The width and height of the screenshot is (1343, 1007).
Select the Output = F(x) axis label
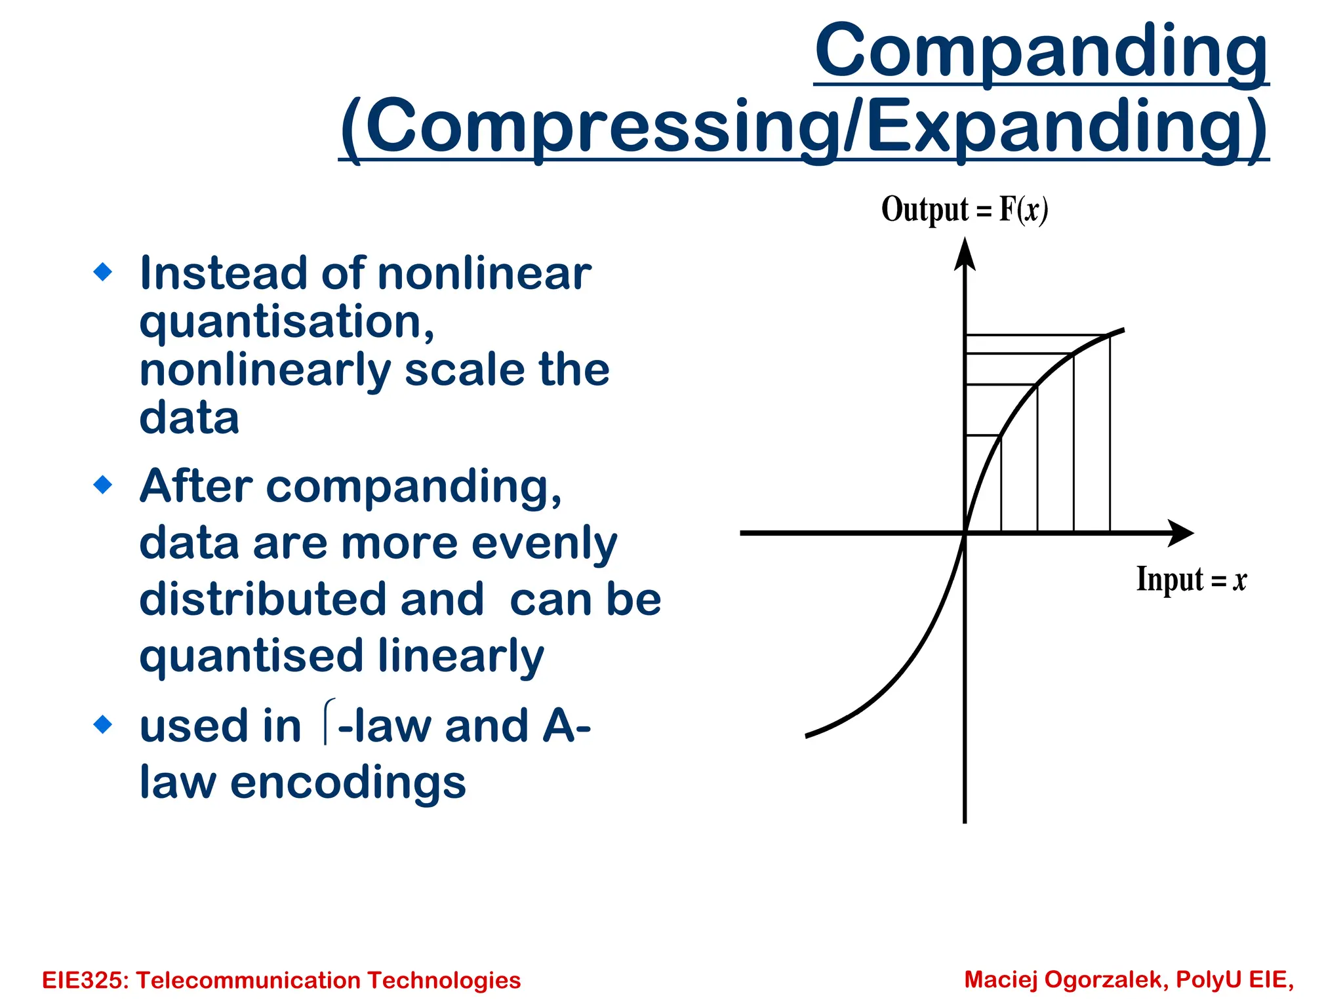tap(964, 210)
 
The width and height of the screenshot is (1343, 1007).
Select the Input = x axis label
tap(1191, 580)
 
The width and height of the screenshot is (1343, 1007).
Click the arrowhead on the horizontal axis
tap(1180, 533)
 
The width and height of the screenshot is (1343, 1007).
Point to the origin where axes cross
tap(965, 533)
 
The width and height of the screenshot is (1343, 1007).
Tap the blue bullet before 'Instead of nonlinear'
tap(103, 271)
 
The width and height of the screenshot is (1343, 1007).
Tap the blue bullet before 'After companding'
tap(103, 485)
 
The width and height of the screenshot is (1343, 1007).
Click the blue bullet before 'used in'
tap(103, 724)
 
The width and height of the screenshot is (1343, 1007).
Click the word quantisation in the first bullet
tap(286, 323)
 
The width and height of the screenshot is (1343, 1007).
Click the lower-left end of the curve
tap(808, 736)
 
